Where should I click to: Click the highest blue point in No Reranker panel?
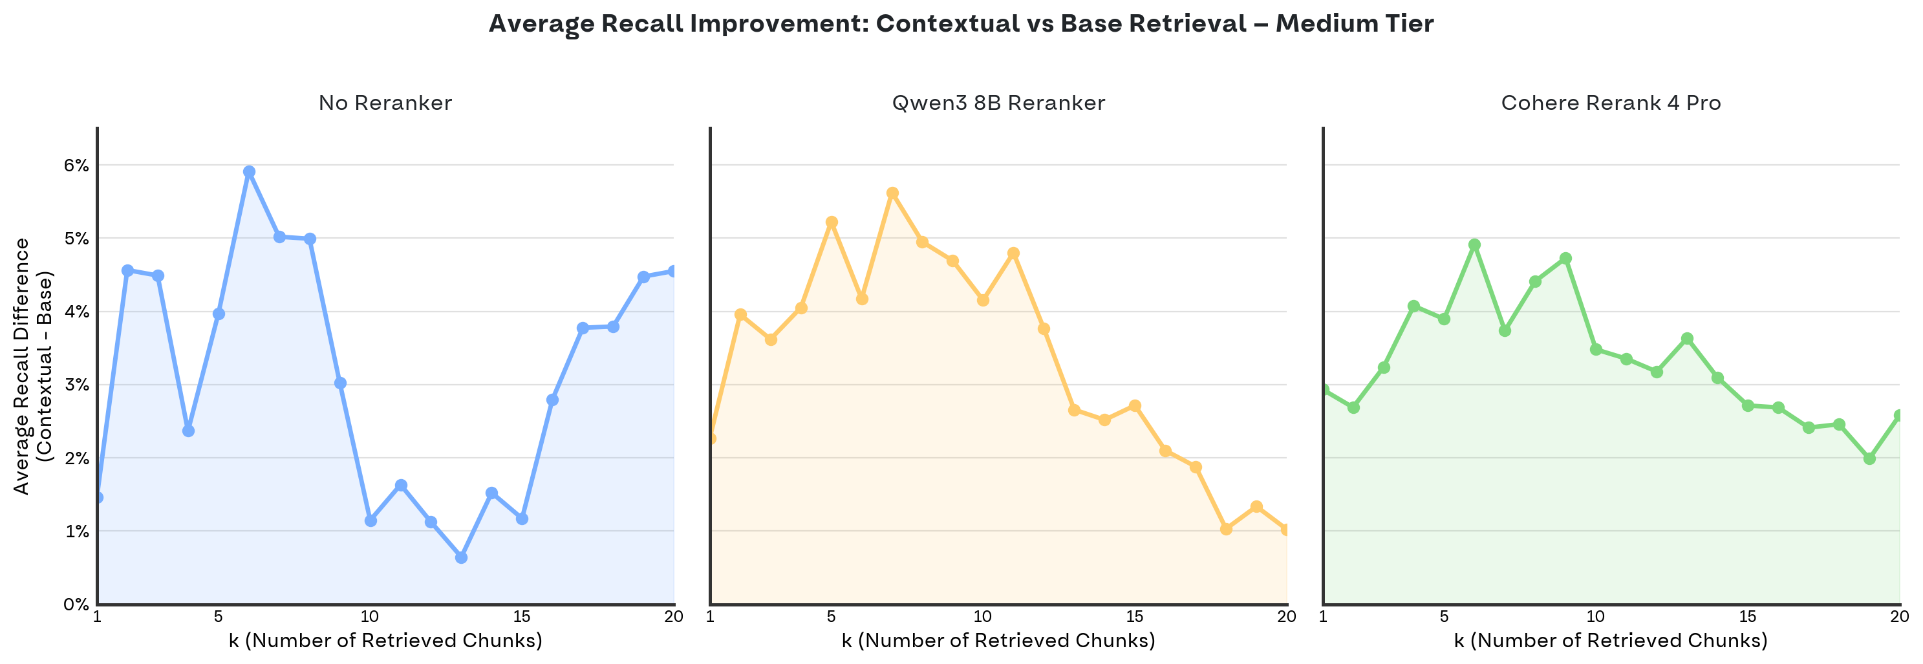(250, 171)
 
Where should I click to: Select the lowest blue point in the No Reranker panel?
(461, 557)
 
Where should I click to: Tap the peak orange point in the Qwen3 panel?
(892, 193)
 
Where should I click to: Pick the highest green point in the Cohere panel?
(1474, 244)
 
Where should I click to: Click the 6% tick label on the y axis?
(76, 166)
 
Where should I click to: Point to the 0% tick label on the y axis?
(76, 605)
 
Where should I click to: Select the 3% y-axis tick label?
(76, 385)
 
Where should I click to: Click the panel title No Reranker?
(385, 103)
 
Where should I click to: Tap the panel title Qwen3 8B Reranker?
(998, 103)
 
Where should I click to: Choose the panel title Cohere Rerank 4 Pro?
(1611, 103)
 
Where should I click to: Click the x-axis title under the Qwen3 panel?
(998, 641)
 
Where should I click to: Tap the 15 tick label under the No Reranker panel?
(522, 617)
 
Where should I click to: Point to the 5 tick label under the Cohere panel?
(1444, 617)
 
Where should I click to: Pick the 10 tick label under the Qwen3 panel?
(982, 617)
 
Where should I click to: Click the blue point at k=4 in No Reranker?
(188, 431)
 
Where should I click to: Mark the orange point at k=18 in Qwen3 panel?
(1226, 529)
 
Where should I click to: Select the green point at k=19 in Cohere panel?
(1869, 458)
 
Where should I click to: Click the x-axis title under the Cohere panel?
(1611, 641)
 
